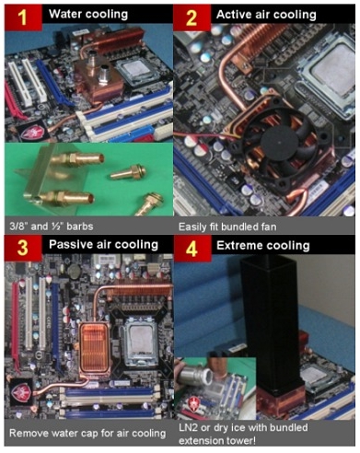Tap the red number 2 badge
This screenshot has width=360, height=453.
192,16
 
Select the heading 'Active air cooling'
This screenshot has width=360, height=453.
265,16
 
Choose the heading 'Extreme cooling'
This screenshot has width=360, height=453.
258,245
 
